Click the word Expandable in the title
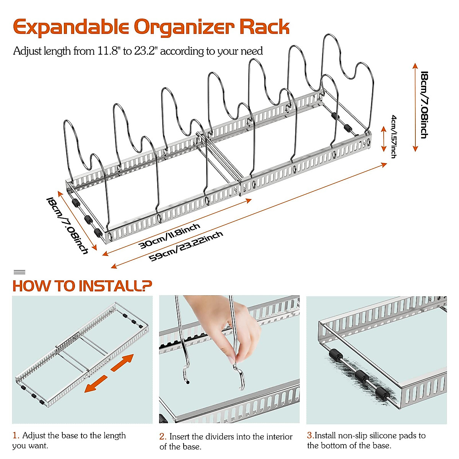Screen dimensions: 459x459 (x=71, y=28)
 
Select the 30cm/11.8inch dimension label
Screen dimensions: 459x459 (x=169, y=236)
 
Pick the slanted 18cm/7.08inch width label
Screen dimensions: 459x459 (x=67, y=225)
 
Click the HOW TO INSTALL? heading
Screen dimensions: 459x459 (x=82, y=286)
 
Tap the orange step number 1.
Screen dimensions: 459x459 (x=16, y=435)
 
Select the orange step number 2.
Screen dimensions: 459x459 (x=163, y=436)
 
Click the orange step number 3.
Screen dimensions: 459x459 (x=310, y=435)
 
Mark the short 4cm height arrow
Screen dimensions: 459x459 (x=384, y=139)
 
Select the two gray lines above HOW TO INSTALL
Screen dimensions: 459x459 (x=20, y=272)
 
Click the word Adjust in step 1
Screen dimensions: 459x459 (x=34, y=435)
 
